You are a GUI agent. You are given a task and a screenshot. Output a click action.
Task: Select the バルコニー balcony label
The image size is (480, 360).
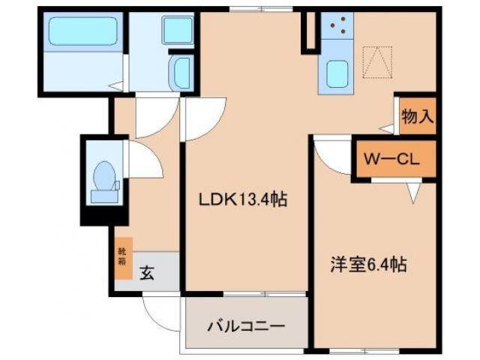(245, 327)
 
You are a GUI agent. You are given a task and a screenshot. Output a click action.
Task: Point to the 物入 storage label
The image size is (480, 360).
(418, 116)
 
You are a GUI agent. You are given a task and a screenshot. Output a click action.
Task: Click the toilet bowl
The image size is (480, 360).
(105, 180)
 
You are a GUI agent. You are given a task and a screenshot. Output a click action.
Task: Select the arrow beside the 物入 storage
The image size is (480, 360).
(387, 129)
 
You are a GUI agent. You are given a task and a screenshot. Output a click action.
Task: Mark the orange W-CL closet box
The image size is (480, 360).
(394, 159)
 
